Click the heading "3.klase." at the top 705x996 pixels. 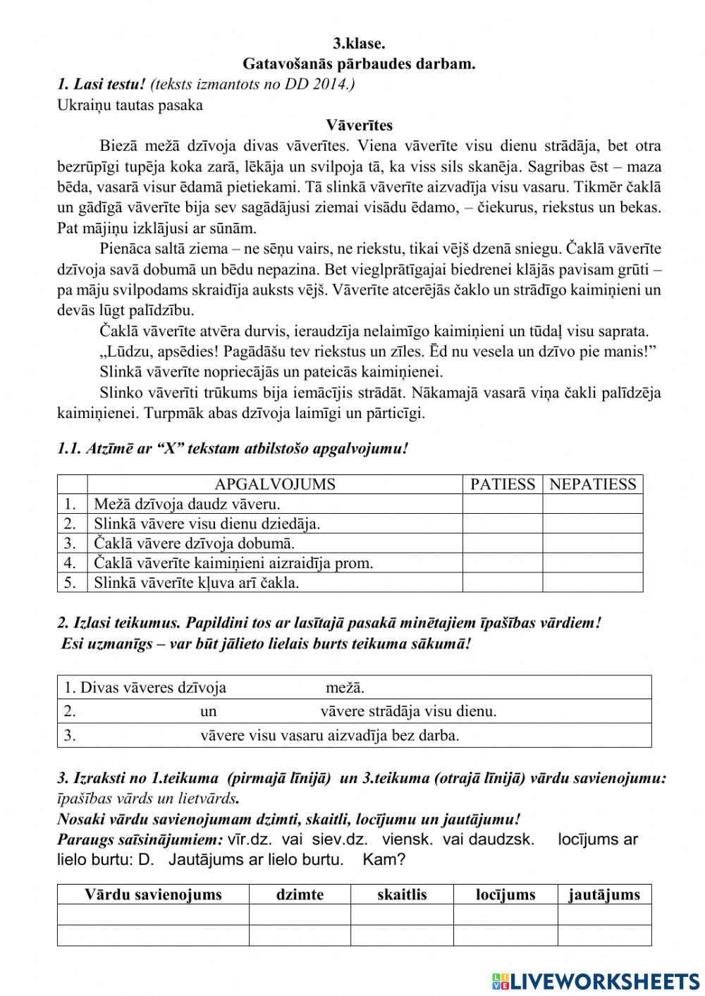click(x=359, y=43)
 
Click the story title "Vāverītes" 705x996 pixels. click(x=359, y=125)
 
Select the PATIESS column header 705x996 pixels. click(x=502, y=484)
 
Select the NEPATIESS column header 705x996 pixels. click(x=592, y=484)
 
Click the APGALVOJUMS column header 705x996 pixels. click(x=274, y=484)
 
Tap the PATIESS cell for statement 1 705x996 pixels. click(x=502, y=504)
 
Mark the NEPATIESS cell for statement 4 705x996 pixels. click(x=592, y=563)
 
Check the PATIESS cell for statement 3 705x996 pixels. click(x=502, y=543)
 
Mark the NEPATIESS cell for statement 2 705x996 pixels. click(x=592, y=524)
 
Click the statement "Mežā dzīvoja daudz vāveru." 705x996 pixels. click(x=187, y=504)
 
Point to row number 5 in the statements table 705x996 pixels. click(x=70, y=583)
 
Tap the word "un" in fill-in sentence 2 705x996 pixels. click(x=208, y=711)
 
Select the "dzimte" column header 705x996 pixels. click(x=300, y=894)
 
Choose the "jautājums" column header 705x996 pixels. click(x=604, y=894)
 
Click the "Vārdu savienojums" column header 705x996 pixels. click(x=153, y=894)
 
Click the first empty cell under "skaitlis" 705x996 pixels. click(x=402, y=915)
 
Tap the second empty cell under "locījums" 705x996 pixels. click(x=505, y=935)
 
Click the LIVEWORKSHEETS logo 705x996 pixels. click(x=596, y=980)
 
